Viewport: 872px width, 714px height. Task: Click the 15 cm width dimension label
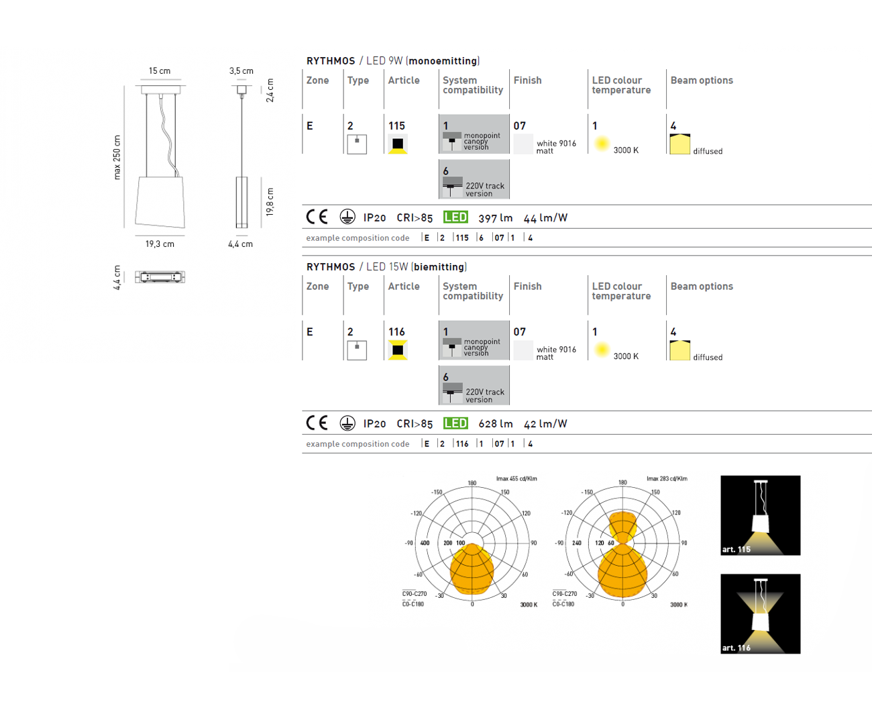(160, 70)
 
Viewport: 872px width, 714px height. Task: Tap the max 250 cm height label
(117, 157)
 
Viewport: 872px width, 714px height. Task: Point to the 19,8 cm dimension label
(270, 202)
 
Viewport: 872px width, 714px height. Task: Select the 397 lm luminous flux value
(495, 218)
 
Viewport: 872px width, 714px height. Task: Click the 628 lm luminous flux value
(495, 424)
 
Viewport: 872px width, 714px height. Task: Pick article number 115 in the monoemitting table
(396, 125)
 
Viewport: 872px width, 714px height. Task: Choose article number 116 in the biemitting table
(396, 331)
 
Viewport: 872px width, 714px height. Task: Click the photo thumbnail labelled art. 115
(761, 515)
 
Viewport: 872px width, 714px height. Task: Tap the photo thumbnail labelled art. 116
(761, 614)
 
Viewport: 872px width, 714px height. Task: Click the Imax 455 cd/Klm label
(516, 478)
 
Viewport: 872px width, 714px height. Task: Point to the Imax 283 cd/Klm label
(667, 478)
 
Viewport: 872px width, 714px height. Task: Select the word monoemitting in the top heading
(443, 61)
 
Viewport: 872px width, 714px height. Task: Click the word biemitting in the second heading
(440, 267)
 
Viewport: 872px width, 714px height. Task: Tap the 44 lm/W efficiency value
(545, 218)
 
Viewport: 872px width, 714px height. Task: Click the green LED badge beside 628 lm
(455, 423)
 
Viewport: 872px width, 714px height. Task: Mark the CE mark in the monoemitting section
(317, 217)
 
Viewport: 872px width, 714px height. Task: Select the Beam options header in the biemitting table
(702, 287)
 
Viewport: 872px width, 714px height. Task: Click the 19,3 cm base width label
(160, 244)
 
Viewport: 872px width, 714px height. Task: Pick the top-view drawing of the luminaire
(160, 276)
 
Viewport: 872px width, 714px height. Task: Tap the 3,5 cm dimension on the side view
(241, 70)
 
